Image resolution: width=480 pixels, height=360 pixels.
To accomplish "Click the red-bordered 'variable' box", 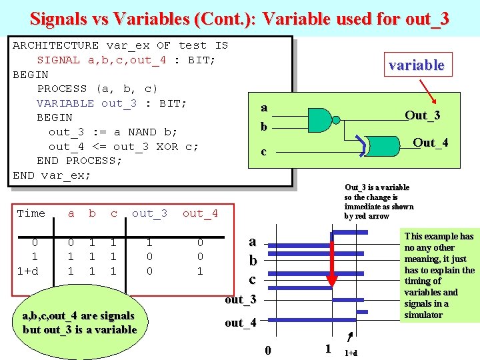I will point(416,65).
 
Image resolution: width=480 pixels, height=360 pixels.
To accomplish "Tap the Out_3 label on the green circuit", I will point(422,115).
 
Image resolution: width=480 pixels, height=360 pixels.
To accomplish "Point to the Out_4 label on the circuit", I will point(430,143).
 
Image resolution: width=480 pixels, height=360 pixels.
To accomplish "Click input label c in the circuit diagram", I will point(263,152).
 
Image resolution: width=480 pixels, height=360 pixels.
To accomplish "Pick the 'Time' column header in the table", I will point(31,213).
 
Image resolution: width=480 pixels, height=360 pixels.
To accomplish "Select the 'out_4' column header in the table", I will point(200,213).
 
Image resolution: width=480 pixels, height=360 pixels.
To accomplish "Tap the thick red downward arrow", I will point(331,260).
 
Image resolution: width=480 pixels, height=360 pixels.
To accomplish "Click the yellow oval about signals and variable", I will point(79,323).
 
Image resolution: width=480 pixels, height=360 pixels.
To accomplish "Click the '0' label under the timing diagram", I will point(268,350).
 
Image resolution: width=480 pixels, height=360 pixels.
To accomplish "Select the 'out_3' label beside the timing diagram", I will point(240,300).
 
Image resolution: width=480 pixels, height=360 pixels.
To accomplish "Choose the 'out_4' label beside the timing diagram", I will point(240,323).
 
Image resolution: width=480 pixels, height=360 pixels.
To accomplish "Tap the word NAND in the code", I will point(132,132).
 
